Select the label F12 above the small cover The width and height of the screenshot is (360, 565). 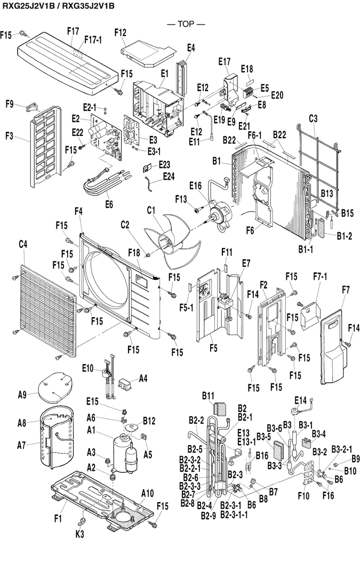tap(120, 33)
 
